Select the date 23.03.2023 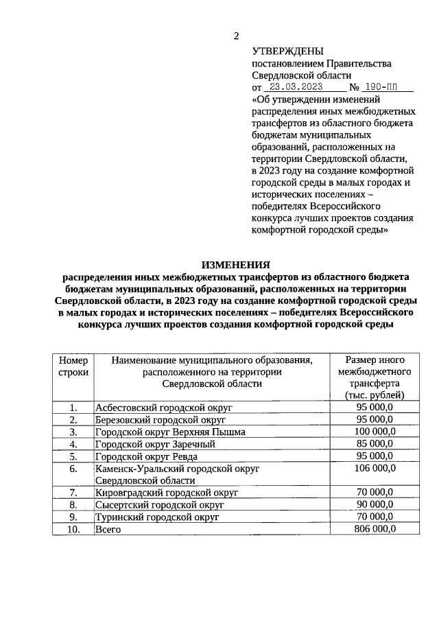pyautogui.click(x=296, y=88)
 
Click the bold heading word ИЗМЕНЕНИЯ pyautogui.click(x=235, y=264)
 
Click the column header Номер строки pyautogui.click(x=73, y=366)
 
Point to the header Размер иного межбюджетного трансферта pyautogui.click(x=374, y=377)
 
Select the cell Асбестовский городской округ pyautogui.click(x=164, y=408)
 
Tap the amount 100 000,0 pyautogui.click(x=375, y=432)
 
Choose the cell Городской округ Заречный pyautogui.click(x=155, y=444)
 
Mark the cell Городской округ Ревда pyautogui.click(x=148, y=456)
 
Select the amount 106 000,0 pyautogui.click(x=375, y=469)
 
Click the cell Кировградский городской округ pyautogui.click(x=167, y=493)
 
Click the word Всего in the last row pyautogui.click(x=108, y=530)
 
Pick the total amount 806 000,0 pyautogui.click(x=375, y=530)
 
